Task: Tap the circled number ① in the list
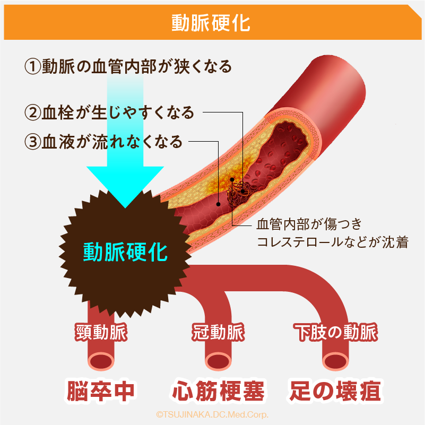(x=33, y=67)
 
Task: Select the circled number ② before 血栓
(x=33, y=112)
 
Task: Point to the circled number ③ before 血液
(x=33, y=142)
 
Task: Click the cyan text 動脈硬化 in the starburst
(x=125, y=251)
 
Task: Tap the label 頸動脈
(x=101, y=333)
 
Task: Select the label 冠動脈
(x=218, y=333)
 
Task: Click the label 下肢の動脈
(x=335, y=333)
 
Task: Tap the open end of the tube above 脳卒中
(x=101, y=361)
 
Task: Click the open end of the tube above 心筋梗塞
(x=219, y=361)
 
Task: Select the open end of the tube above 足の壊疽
(x=336, y=361)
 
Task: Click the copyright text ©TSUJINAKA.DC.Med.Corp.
(x=212, y=414)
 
